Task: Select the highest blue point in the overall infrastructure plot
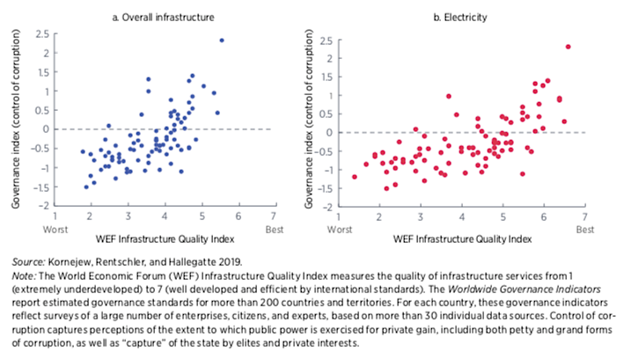pyautogui.click(x=222, y=40)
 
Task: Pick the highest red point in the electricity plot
pyautogui.click(x=569, y=47)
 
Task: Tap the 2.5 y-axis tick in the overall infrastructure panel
pyautogui.click(x=40, y=33)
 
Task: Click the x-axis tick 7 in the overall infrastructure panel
pyautogui.click(x=275, y=215)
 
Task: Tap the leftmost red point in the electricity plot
pyautogui.click(x=355, y=176)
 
